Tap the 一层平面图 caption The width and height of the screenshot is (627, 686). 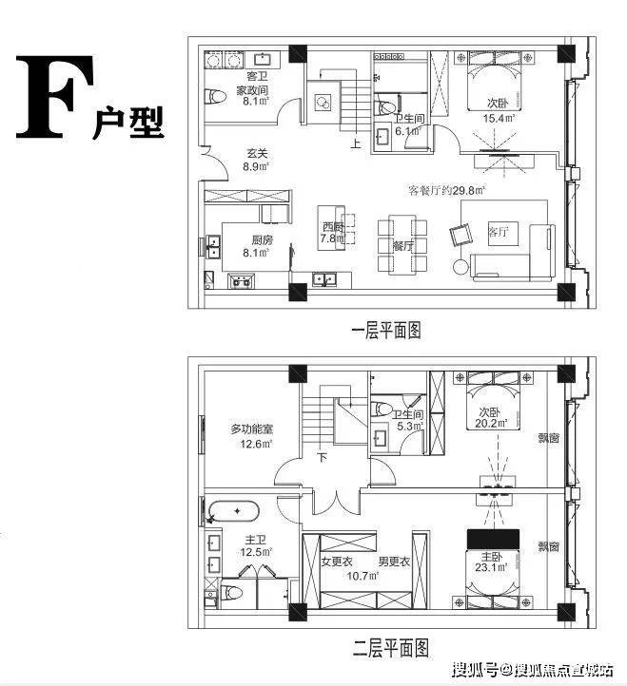(x=386, y=331)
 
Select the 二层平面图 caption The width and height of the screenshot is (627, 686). (x=386, y=648)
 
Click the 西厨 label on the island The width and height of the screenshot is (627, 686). (x=331, y=227)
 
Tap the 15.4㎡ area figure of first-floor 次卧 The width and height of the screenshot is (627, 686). (x=499, y=119)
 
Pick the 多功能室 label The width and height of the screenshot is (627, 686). (x=252, y=429)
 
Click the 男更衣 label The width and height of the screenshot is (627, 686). (x=393, y=561)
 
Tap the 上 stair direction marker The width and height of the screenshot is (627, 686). (x=355, y=145)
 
